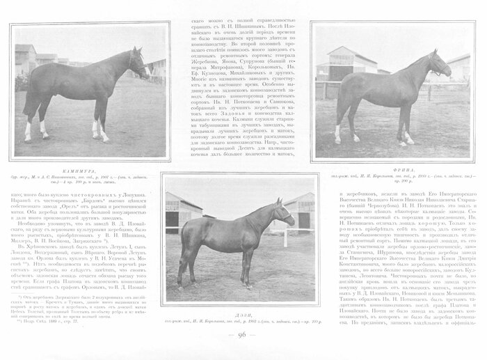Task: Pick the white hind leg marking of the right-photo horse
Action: [337, 130]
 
